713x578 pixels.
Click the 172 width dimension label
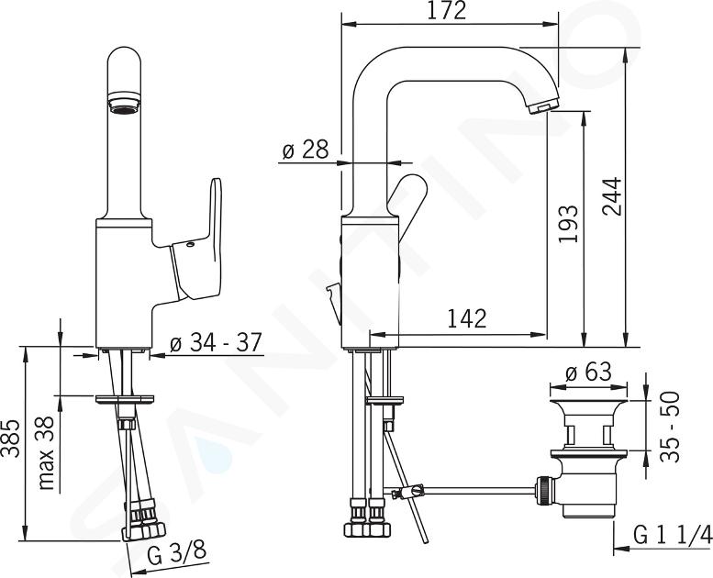tap(447, 11)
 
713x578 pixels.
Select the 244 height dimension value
tap(612, 196)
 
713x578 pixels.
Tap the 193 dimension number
tap(569, 224)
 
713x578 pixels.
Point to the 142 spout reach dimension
tap(467, 318)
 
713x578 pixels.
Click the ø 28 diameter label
tap(306, 150)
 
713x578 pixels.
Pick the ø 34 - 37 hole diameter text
tap(216, 342)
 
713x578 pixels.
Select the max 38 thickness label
tap(47, 453)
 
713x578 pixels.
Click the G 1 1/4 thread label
tap(673, 535)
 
